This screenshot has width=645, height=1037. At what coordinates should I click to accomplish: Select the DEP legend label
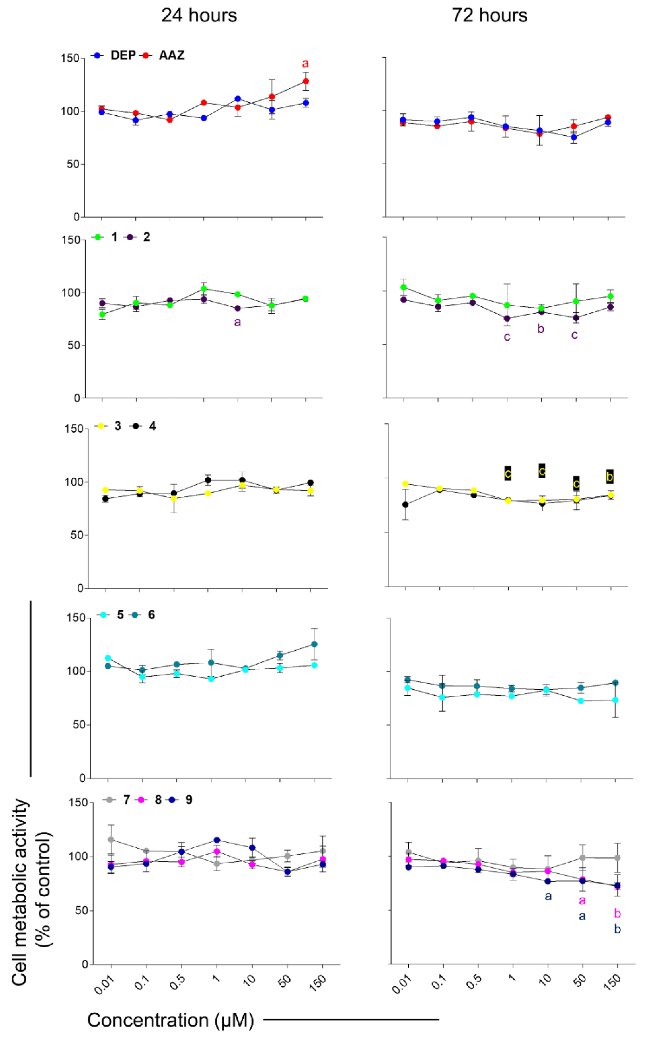click(x=123, y=55)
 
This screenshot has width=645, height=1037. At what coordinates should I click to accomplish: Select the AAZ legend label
click(x=172, y=55)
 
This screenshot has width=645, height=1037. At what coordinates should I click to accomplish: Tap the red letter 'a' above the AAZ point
click(x=305, y=64)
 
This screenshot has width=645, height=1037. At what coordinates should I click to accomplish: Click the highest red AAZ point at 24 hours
click(x=306, y=81)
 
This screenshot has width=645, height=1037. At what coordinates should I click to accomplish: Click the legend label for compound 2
click(x=146, y=237)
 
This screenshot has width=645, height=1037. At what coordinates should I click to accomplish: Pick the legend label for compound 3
click(x=118, y=426)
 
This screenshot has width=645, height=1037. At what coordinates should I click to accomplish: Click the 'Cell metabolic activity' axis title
click(x=31, y=891)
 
